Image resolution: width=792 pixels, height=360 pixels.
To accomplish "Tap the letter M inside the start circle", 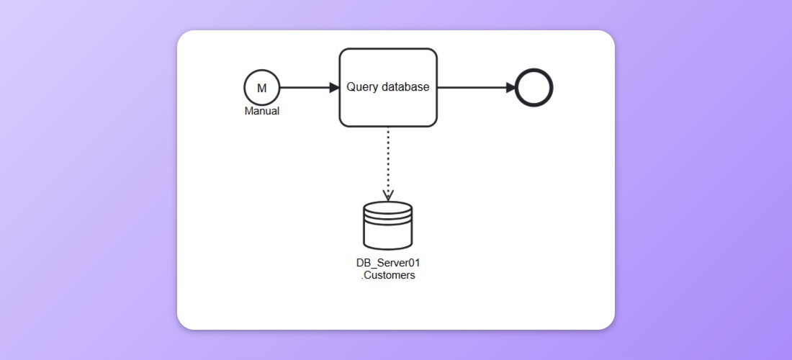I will [x=261, y=88].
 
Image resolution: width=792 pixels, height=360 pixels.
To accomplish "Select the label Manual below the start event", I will [x=261, y=112].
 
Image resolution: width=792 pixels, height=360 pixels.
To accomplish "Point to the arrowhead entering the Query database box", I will [x=334, y=88].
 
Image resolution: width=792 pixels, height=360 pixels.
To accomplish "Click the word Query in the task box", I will [x=362, y=87].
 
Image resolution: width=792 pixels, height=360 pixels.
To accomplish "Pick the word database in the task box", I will [x=405, y=87].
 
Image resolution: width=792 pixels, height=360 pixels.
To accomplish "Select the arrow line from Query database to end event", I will [x=472, y=88].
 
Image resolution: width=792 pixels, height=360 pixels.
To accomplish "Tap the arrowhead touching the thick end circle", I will [x=511, y=88].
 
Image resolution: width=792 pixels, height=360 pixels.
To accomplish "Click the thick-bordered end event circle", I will [x=534, y=88].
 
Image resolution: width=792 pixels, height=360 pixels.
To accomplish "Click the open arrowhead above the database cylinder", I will [x=388, y=195].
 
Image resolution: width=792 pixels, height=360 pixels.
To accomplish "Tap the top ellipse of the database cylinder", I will [x=388, y=209].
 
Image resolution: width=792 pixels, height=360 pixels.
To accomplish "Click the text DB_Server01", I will [x=388, y=263].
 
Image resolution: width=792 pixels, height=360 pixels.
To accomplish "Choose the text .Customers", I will [x=388, y=275].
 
